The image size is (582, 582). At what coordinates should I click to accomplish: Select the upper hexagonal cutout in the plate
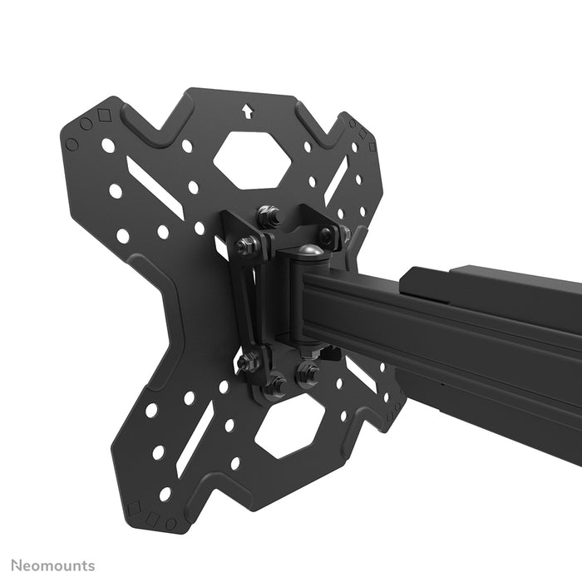coord(252,159)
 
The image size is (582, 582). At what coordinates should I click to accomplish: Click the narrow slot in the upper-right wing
coord(336,185)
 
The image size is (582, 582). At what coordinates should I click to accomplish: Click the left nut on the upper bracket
coord(244,246)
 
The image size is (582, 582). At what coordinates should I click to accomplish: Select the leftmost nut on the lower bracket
coord(248,362)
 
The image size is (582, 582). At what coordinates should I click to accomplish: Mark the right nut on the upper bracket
coord(327,236)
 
